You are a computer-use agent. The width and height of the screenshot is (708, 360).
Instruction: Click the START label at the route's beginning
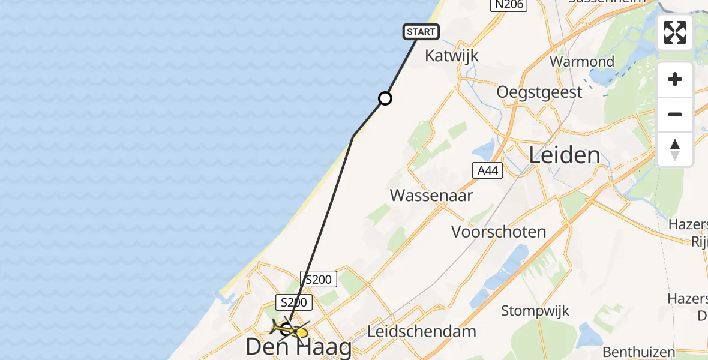pos(422,32)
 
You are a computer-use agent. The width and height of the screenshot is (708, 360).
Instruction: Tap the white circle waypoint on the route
pos(385,98)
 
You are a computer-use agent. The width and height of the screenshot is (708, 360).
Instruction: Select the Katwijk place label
pos(451,56)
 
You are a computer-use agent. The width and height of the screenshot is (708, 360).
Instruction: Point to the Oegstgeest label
pos(539,92)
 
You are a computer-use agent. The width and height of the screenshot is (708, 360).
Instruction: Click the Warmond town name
pos(582,61)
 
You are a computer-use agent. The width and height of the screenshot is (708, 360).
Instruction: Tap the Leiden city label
pos(564,155)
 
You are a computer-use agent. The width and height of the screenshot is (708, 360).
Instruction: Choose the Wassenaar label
pos(431,195)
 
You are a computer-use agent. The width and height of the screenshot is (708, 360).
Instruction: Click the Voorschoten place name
pos(499,232)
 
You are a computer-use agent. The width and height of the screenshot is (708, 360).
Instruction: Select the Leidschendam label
pos(422,331)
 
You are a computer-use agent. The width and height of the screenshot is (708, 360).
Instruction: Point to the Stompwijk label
pos(535,311)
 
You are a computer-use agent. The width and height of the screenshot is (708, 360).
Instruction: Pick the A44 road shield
pos(486,170)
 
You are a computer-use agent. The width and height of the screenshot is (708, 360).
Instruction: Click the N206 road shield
pos(508,5)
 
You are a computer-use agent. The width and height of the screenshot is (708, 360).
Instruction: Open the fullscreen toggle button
pos(675,32)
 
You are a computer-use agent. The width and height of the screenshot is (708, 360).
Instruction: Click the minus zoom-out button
pos(675,115)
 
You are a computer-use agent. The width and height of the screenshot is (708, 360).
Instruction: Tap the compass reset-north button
pos(675,149)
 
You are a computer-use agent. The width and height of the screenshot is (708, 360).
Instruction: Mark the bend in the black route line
pos(353,137)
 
